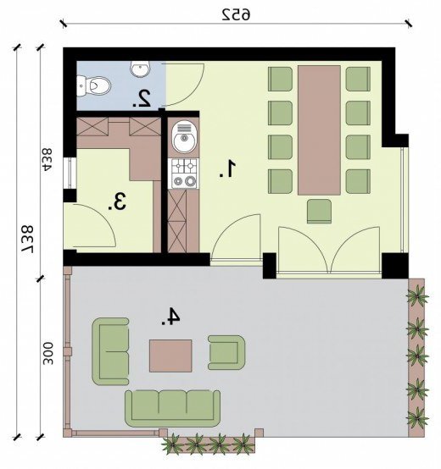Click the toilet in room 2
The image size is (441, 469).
pos(93,86)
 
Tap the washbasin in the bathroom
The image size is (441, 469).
pos(140,69)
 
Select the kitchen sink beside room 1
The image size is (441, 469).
pos(182,137)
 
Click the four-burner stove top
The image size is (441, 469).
pos(183,174)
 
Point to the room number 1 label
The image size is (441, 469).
pos(228,168)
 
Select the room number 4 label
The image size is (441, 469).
pos(170,316)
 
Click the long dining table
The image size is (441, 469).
pos(319,130)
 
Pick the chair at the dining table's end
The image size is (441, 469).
pos(320,212)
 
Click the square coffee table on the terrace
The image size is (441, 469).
pos(170,356)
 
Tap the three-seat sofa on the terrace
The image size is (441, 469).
pos(172,408)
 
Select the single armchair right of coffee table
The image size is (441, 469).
pos(226,352)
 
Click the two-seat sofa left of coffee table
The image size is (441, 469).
pos(110,351)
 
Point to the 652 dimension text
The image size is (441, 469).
pos(237,14)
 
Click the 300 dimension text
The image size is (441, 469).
pos(47,354)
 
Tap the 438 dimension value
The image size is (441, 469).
pos(47,160)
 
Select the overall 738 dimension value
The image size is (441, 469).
pos(27,239)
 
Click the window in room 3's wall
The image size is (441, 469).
pos(70,173)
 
